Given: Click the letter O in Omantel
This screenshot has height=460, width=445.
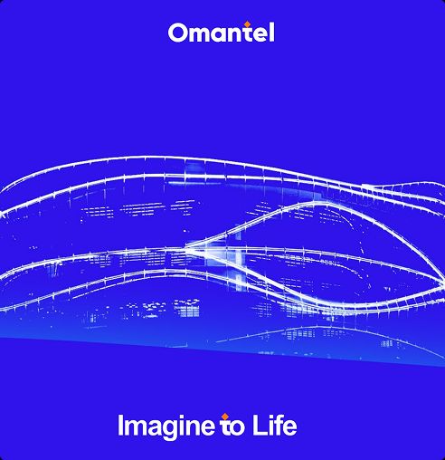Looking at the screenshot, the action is tap(177, 33).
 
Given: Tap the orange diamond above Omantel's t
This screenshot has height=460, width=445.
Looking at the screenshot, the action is tap(247, 24).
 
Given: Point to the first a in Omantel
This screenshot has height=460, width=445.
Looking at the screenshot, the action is tap(222, 35).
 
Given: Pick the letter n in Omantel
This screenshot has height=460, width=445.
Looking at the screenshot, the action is tap(237, 35).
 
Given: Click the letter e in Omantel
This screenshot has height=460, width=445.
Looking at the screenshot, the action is tap(260, 35).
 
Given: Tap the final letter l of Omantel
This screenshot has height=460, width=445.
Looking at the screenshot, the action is tap(271, 33).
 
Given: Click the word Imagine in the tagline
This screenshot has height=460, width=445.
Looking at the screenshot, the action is tap(166, 426).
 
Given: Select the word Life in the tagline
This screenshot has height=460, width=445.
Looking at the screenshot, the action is tap(274, 425).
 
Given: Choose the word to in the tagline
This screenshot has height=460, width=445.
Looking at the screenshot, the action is tap(232, 426).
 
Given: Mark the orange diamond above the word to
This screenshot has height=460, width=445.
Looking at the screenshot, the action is tap(224, 417).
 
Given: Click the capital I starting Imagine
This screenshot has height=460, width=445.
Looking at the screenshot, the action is tap(120, 425).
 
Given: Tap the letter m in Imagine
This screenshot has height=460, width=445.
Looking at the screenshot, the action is tap(137, 427).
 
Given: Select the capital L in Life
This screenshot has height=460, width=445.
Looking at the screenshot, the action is tap(259, 425).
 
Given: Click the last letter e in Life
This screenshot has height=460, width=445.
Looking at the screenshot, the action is tap(289, 428).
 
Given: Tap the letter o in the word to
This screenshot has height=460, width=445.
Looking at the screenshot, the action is tap(238, 428).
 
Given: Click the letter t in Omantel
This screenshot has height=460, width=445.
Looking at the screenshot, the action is tap(248, 34).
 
